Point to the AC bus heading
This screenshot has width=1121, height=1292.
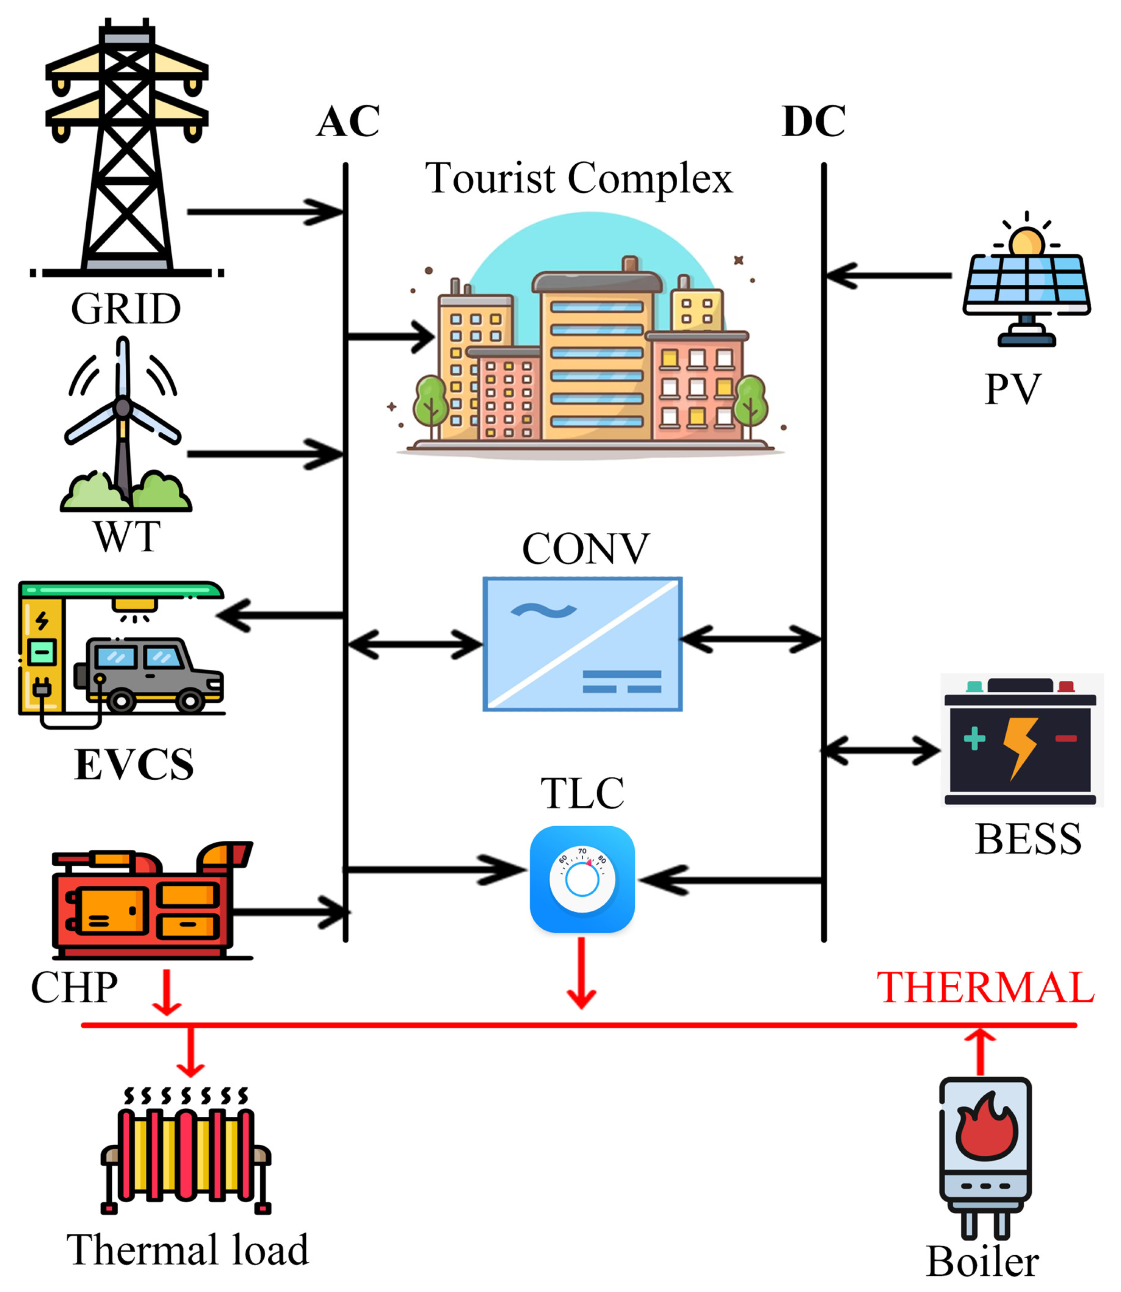click(x=348, y=121)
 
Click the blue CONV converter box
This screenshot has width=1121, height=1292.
click(x=582, y=644)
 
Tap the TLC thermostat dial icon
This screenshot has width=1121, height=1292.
click(x=582, y=878)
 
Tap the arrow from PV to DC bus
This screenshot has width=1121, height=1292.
click(x=888, y=275)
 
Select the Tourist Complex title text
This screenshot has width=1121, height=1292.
click(x=579, y=178)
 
